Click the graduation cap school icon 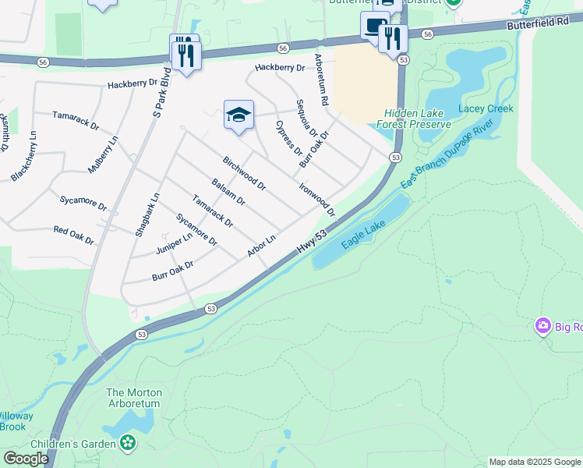(239, 115)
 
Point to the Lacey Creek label (486, 108)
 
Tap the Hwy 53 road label (311, 239)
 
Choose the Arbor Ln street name (261, 246)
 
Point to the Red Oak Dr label (73, 236)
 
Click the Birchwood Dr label (244, 174)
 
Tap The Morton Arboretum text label (132, 398)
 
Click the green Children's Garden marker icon (128, 443)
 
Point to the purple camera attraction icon (542, 325)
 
